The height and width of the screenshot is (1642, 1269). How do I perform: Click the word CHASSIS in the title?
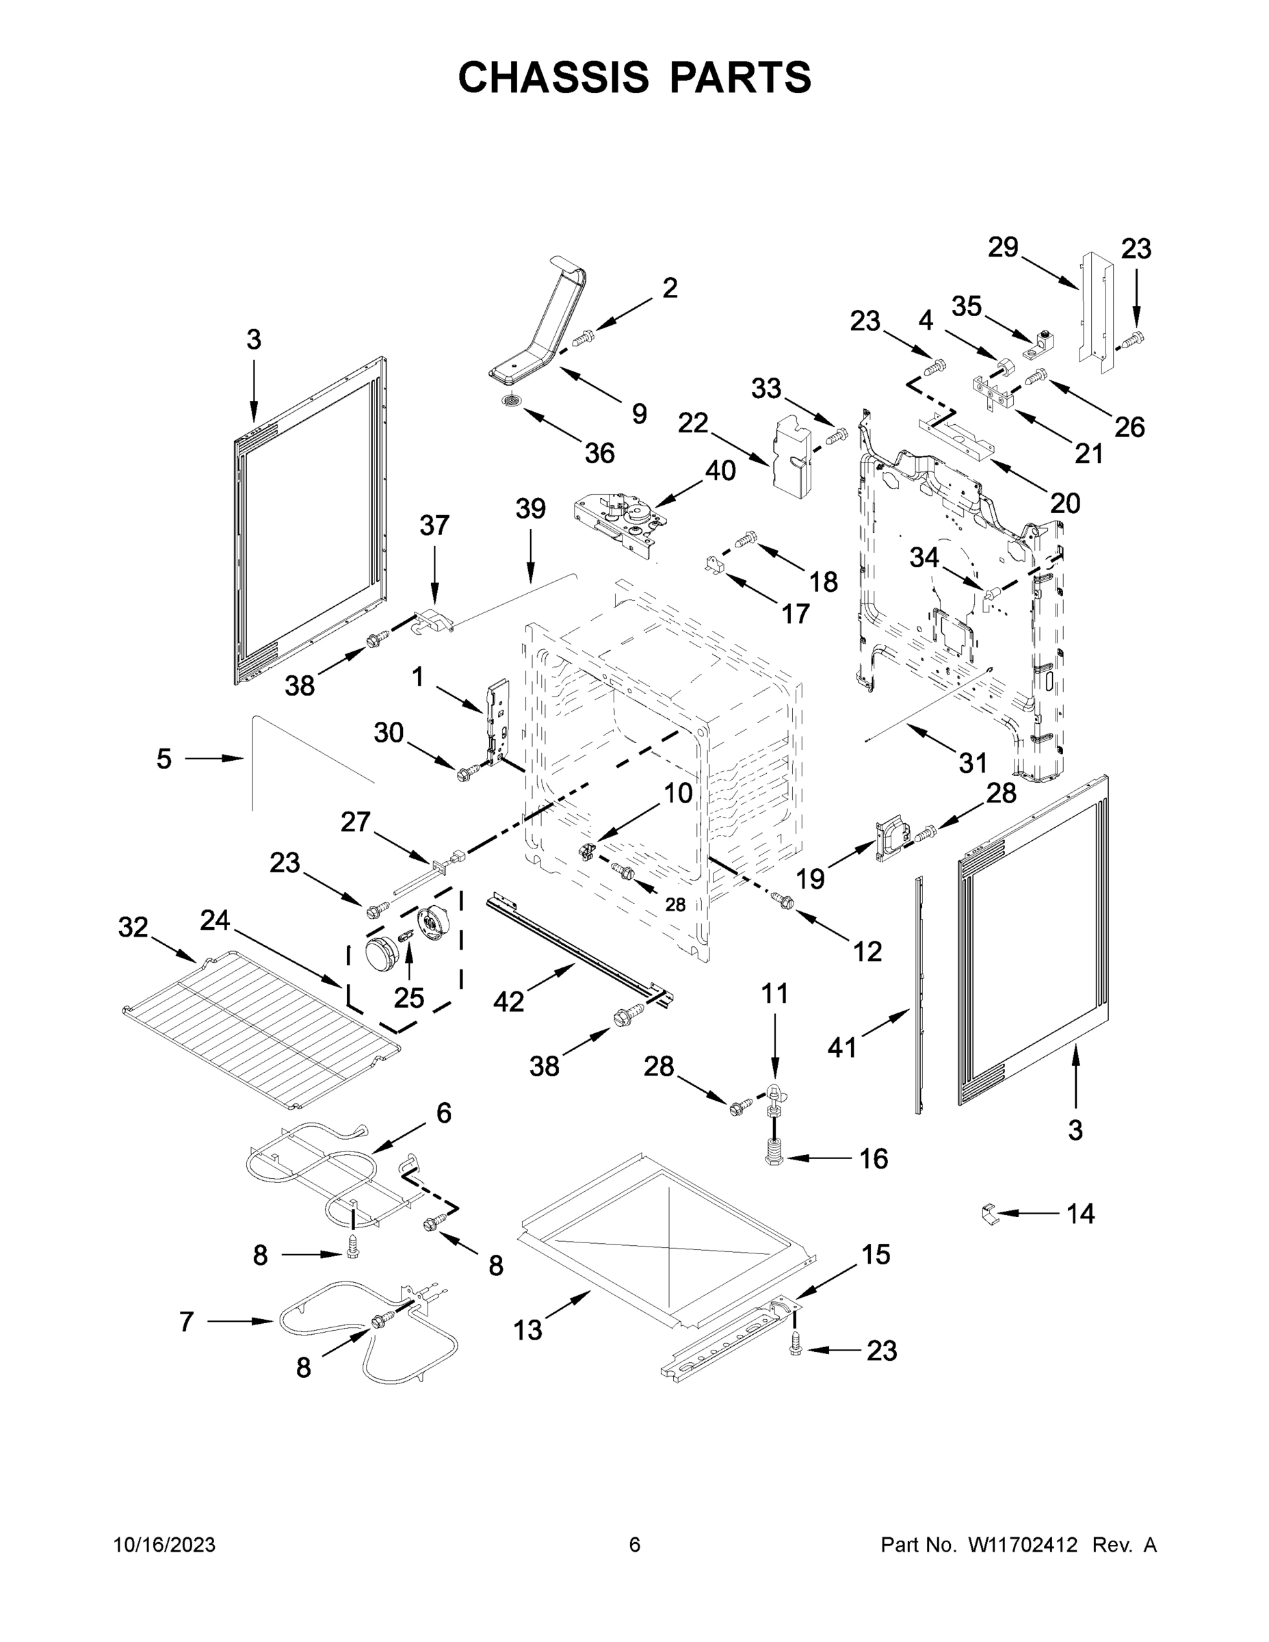click(x=553, y=77)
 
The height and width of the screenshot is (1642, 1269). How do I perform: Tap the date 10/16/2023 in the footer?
click(x=164, y=1544)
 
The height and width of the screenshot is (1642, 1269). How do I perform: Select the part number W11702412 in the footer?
click(x=1023, y=1544)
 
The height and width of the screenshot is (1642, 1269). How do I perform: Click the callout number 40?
click(x=720, y=471)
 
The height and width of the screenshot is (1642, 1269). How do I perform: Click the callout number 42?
click(x=508, y=1001)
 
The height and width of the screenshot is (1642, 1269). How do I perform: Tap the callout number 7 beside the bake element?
click(x=187, y=1321)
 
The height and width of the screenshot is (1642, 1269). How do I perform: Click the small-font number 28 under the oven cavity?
click(x=675, y=904)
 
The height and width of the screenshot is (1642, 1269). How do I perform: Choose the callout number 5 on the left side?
click(x=164, y=759)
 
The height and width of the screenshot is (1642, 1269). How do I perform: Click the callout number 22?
click(x=692, y=423)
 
